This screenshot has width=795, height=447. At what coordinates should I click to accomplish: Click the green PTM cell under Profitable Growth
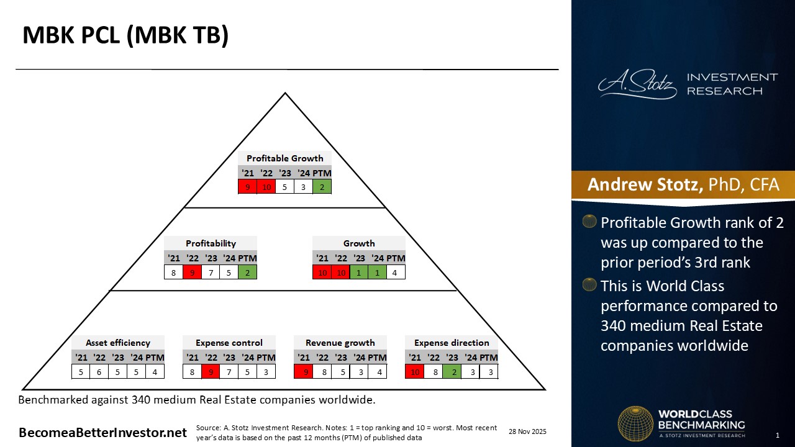(322, 186)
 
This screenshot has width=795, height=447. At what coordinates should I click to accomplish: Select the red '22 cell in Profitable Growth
(266, 186)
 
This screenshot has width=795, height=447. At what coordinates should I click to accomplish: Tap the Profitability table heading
(211, 243)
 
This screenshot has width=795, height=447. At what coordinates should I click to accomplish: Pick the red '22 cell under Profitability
(192, 272)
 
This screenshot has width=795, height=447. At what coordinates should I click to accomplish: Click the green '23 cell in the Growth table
(359, 272)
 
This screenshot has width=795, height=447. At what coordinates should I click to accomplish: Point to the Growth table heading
(359, 243)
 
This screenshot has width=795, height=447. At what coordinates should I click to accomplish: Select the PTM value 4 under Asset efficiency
(155, 371)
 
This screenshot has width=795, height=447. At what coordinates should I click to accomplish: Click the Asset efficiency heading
(118, 343)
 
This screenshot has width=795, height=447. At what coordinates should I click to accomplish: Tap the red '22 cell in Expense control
(211, 371)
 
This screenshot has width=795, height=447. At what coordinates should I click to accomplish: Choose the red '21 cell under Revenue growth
(303, 371)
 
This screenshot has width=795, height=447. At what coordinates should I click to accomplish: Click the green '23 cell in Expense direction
(452, 371)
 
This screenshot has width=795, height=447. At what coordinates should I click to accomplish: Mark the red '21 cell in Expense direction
(414, 371)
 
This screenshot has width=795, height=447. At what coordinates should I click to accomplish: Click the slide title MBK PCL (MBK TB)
(125, 35)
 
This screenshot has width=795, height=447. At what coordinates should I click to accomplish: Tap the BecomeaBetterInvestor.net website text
(102, 433)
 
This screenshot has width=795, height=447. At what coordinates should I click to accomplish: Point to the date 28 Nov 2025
(527, 431)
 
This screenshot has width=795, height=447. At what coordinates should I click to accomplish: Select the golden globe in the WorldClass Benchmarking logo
(635, 423)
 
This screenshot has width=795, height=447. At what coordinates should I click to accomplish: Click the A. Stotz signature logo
(637, 84)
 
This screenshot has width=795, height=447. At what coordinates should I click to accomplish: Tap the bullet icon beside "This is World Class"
(590, 285)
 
